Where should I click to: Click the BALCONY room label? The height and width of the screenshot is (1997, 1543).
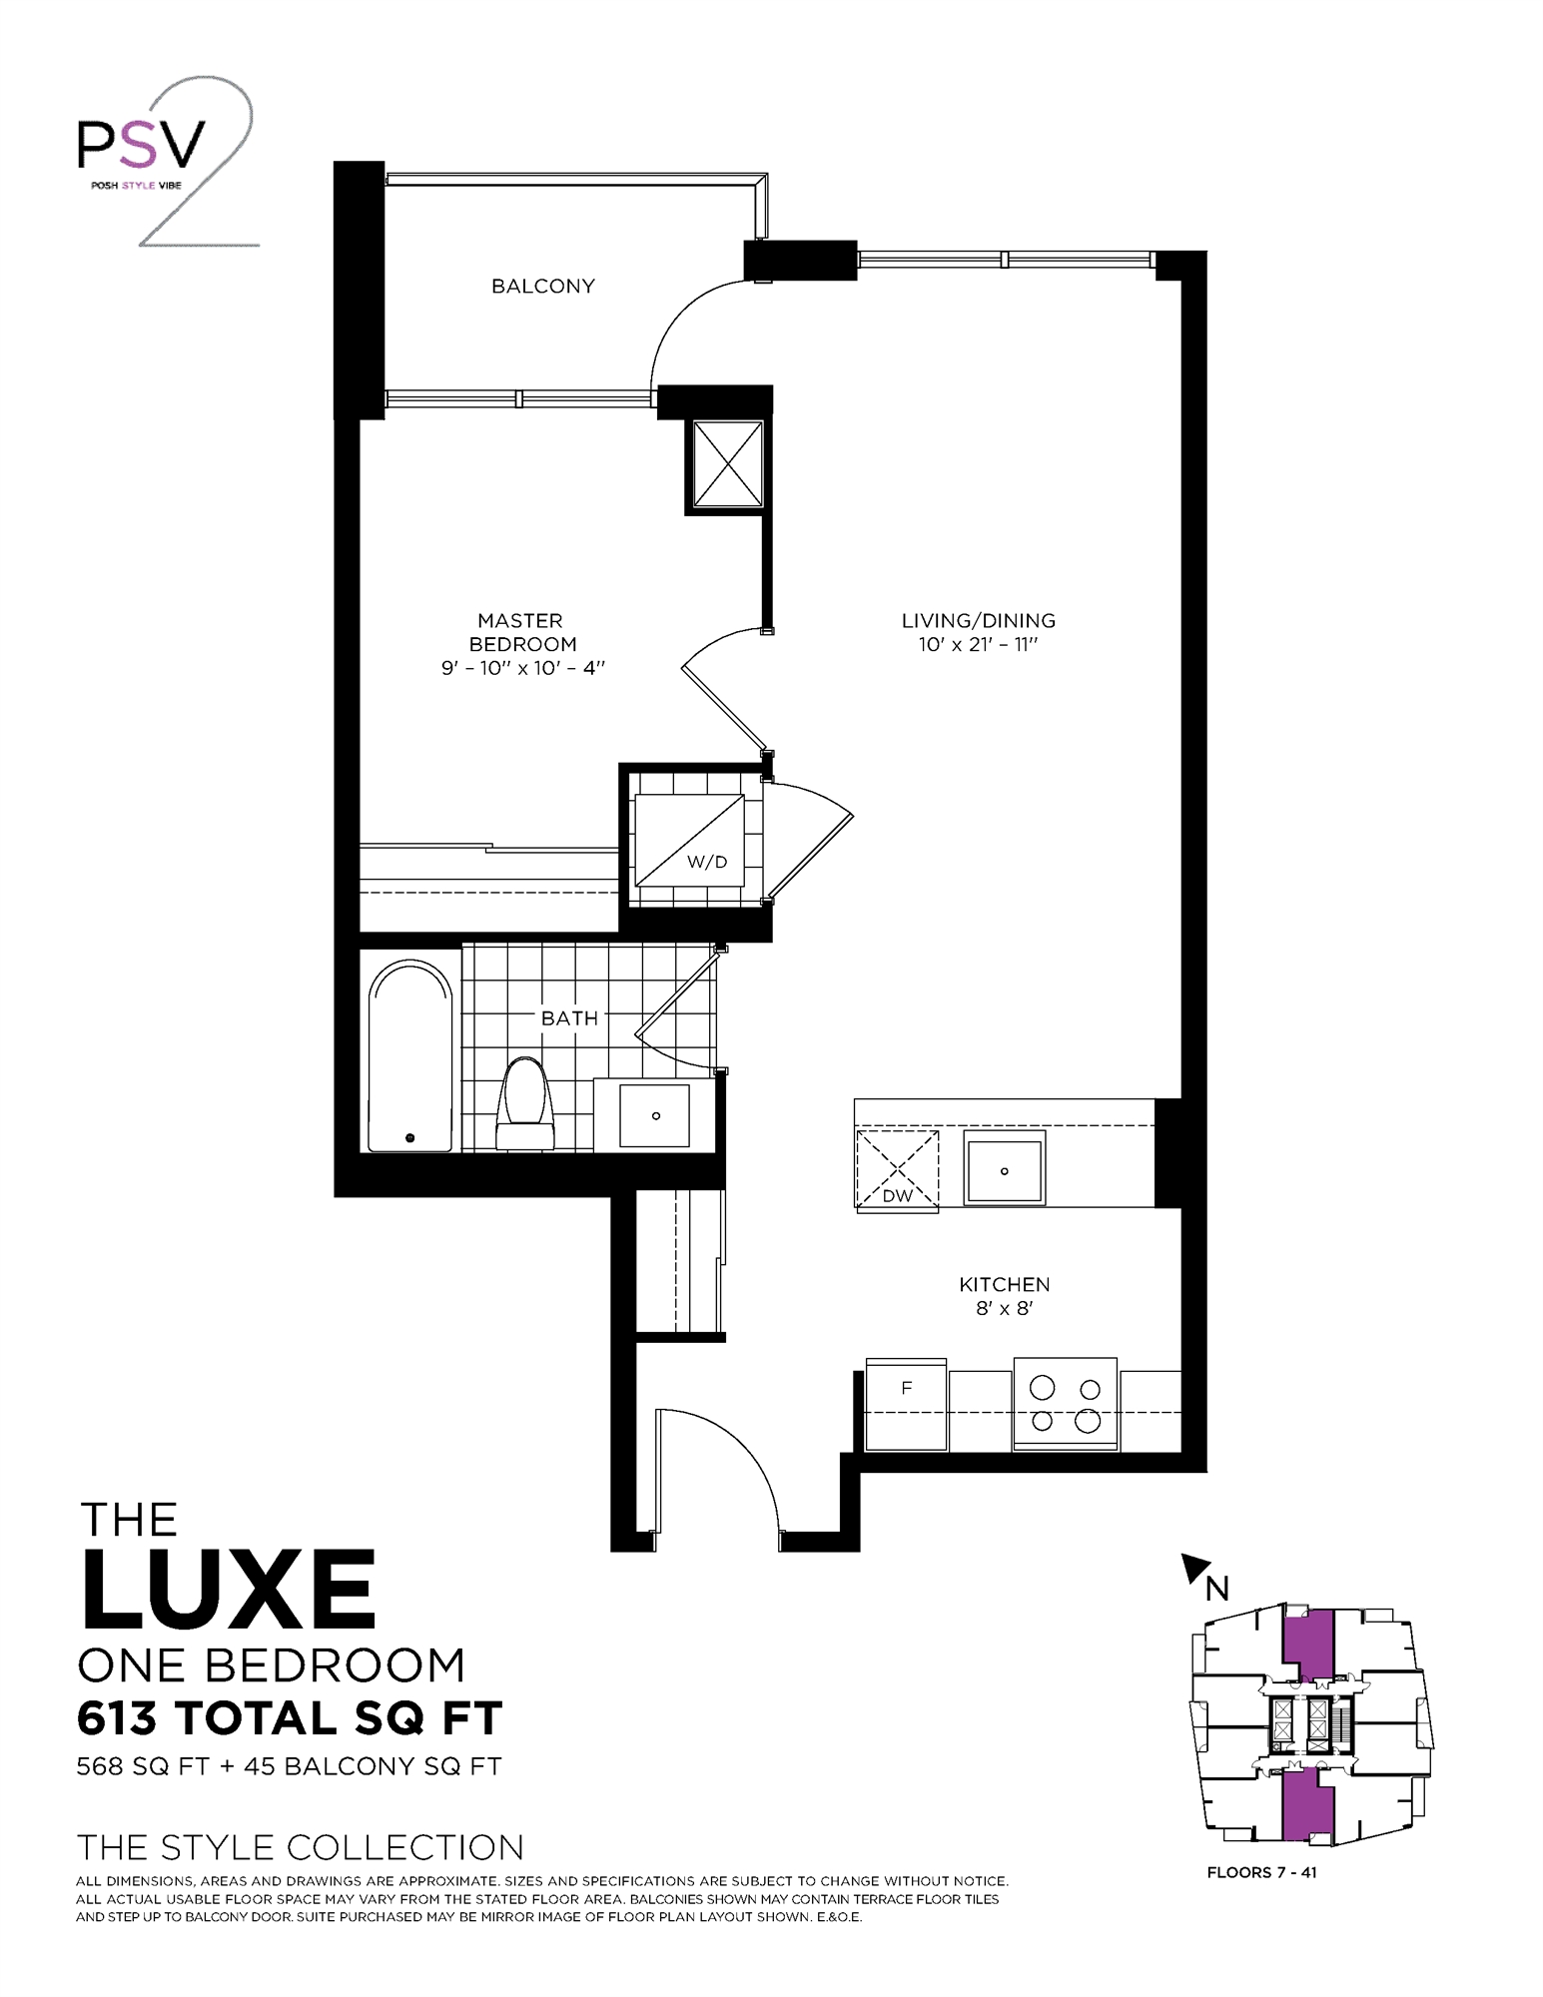542,287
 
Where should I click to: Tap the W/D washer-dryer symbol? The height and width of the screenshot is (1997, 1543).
690,840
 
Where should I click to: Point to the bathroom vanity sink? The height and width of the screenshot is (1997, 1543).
654,1114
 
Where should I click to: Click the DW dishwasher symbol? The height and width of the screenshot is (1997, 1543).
897,1169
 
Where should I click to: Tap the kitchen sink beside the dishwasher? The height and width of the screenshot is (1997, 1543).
1004,1168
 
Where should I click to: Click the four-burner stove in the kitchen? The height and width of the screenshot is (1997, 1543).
1066,1403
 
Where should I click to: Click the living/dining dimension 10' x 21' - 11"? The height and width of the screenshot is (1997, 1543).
978,645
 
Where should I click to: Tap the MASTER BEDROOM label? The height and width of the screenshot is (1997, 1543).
521,632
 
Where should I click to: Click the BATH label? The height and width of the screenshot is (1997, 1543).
569,1018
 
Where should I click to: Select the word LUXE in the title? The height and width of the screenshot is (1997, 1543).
229,1590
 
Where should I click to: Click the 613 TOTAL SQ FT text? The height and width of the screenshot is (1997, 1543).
290,1719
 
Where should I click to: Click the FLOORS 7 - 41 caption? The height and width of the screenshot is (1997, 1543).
1261,1873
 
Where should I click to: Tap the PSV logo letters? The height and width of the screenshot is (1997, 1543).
142,145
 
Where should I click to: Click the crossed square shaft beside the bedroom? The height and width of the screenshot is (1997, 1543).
728,464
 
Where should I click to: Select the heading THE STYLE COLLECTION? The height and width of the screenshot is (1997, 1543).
300,1848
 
